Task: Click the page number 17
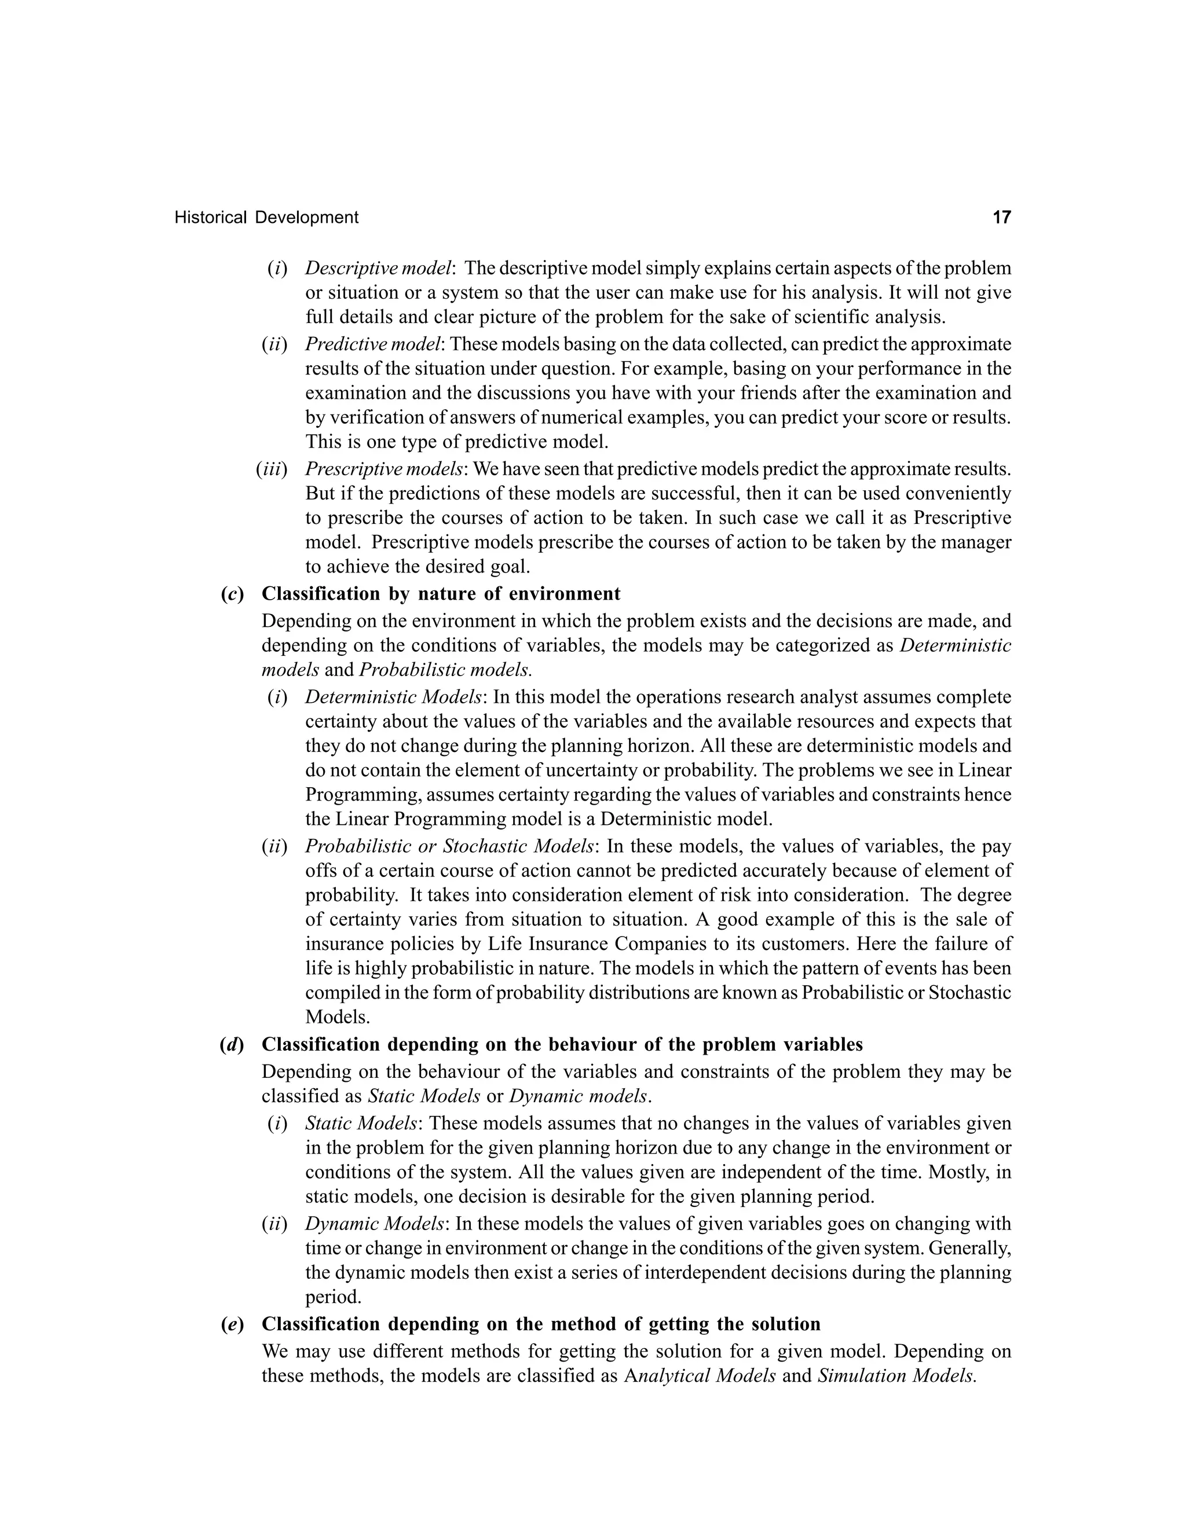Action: (1001, 217)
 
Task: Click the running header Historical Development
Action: (266, 218)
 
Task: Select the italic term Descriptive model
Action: (379, 269)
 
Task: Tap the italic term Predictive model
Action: (373, 344)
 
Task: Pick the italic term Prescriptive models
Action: (383, 469)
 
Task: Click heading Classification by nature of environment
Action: (441, 594)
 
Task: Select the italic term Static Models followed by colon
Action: (362, 1123)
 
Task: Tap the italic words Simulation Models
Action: (896, 1376)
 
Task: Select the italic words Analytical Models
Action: (700, 1376)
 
